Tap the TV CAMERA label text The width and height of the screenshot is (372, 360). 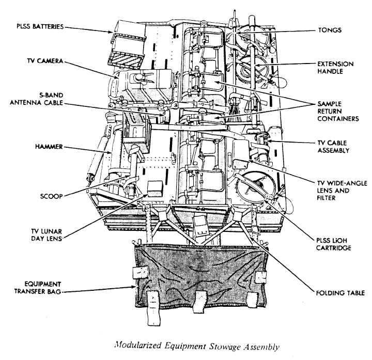click(45, 61)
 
